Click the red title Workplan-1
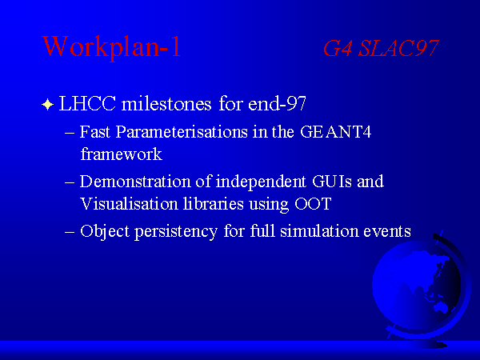click(x=111, y=46)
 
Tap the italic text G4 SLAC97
click(x=381, y=48)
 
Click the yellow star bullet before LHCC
click(x=47, y=104)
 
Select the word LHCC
click(x=87, y=103)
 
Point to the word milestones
click(x=166, y=103)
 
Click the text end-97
click(x=277, y=103)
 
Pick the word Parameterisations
click(x=182, y=132)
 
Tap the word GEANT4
click(x=335, y=132)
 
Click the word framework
click(x=122, y=154)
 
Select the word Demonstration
click(x=135, y=182)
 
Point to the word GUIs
click(x=332, y=182)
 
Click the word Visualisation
click(x=129, y=203)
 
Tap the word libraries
click(x=214, y=203)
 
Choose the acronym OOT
click(x=313, y=203)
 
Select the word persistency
click(x=176, y=232)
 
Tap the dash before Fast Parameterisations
click(x=70, y=133)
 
